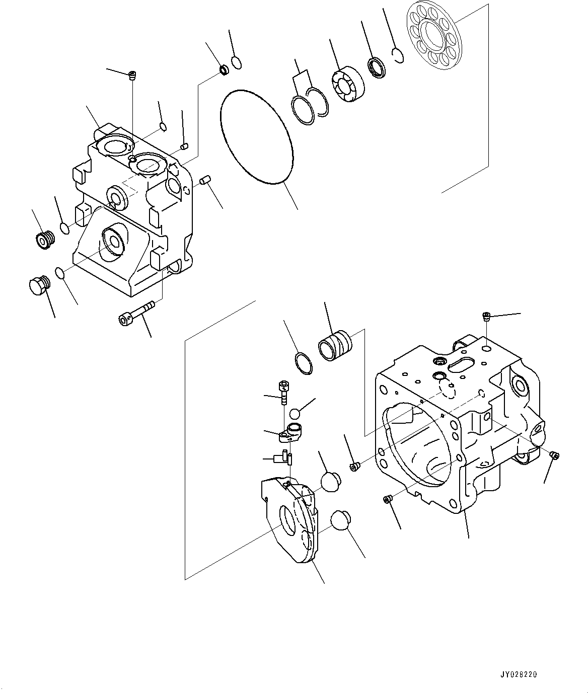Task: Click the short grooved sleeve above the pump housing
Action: [x=336, y=345]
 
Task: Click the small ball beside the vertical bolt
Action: [x=295, y=413]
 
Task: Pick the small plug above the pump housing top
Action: [x=486, y=317]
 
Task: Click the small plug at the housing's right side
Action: [x=555, y=455]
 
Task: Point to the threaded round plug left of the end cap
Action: [x=46, y=240]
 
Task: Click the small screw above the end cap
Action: [x=132, y=76]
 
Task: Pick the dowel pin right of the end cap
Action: [x=204, y=180]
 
